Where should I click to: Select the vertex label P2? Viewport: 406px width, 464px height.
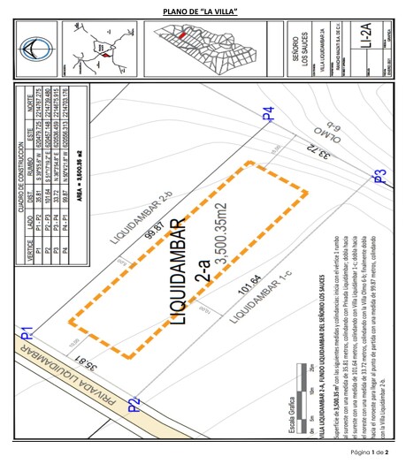coord(134,406)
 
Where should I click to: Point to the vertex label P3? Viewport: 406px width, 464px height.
coord(378,175)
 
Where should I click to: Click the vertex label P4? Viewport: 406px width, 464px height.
coord(268,113)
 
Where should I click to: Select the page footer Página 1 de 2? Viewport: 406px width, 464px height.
coord(377,452)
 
